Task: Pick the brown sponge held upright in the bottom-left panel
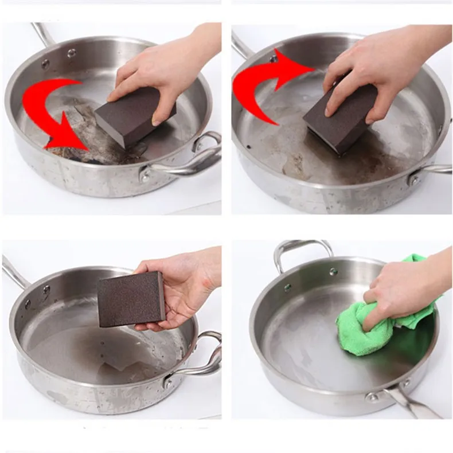pos(131,299)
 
